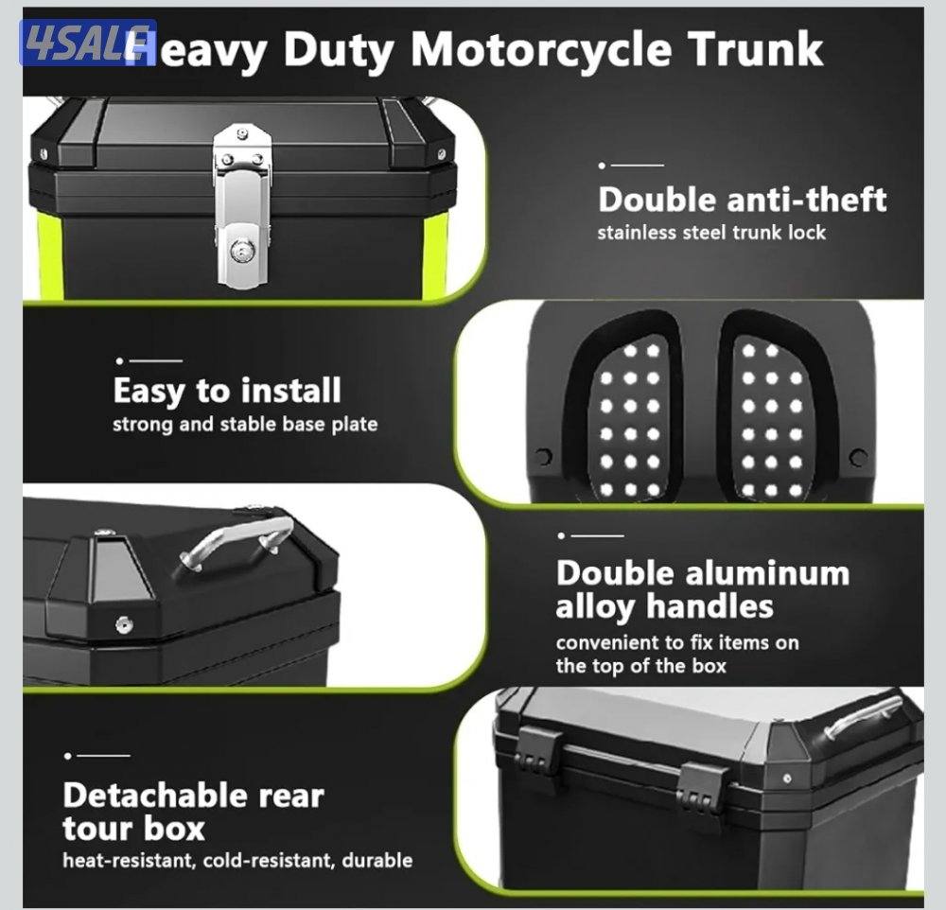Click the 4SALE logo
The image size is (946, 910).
pyautogui.click(x=87, y=43)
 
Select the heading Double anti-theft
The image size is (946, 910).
pyautogui.click(x=742, y=200)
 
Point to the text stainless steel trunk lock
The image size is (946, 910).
pyautogui.click(x=711, y=233)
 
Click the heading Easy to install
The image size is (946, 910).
pyautogui.click(x=227, y=391)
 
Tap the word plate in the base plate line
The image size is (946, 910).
pyautogui.click(x=355, y=424)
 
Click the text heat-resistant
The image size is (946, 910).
pyautogui.click(x=129, y=860)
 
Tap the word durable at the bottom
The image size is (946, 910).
pyautogui.click(x=377, y=860)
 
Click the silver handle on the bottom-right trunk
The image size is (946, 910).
pyautogui.click(x=864, y=716)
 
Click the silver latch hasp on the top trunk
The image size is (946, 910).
pyautogui.click(x=242, y=205)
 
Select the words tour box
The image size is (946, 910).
pyautogui.click(x=134, y=828)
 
